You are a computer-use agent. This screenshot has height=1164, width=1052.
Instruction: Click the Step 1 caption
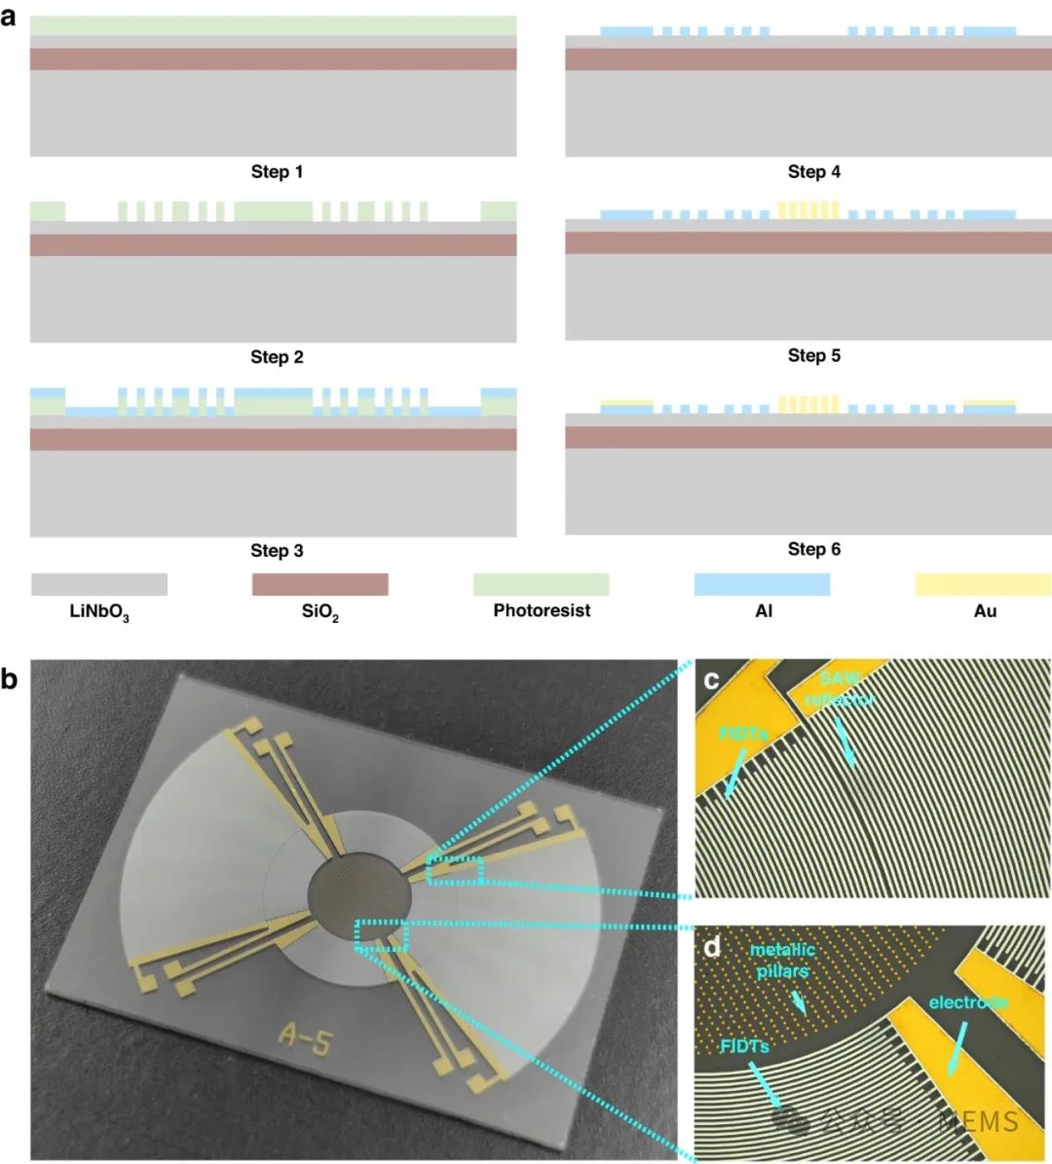(277, 172)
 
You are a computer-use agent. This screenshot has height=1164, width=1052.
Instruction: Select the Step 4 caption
(813, 172)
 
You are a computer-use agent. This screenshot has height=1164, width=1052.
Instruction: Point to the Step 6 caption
(813, 550)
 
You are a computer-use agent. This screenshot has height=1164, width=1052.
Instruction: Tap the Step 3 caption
(277, 551)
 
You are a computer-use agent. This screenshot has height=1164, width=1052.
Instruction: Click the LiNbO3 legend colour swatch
(99, 584)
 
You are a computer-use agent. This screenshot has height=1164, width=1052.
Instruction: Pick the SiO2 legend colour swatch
(319, 584)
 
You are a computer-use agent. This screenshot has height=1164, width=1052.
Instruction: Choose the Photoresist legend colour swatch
(541, 584)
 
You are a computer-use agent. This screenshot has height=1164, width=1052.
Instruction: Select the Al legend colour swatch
(762, 584)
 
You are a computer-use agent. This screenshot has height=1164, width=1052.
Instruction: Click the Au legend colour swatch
(983, 584)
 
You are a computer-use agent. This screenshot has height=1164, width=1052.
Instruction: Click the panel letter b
(11, 678)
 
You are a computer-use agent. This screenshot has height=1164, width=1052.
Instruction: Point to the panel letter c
(712, 679)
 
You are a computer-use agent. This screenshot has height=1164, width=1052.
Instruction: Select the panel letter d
(713, 945)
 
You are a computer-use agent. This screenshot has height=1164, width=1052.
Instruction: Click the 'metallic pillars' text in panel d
(782, 960)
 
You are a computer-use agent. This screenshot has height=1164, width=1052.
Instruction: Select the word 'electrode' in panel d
(967, 1002)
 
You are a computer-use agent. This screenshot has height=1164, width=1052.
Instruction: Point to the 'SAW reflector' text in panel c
(839, 688)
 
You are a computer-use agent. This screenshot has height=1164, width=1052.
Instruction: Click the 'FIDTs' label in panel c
(745, 734)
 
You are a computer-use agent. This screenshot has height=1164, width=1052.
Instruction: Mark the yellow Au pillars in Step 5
(808, 209)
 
